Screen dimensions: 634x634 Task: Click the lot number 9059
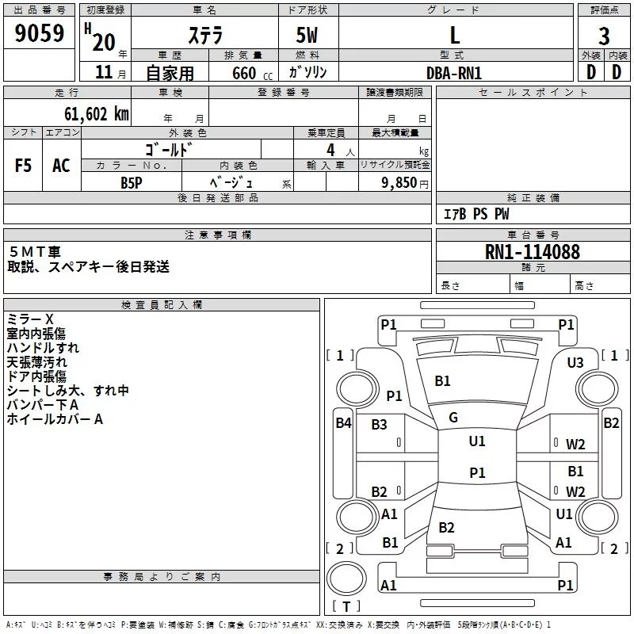click(x=39, y=32)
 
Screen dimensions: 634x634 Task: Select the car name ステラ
click(x=205, y=35)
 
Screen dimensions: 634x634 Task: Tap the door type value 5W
click(x=307, y=35)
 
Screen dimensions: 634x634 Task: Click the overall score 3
click(x=604, y=36)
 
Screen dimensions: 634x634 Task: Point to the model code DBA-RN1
click(x=454, y=73)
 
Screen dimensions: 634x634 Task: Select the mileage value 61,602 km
click(x=96, y=113)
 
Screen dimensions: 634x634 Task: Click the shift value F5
click(x=23, y=166)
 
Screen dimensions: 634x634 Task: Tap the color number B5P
click(x=132, y=183)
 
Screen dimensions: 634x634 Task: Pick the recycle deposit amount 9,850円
click(x=405, y=183)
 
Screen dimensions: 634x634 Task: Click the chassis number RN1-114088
click(x=532, y=252)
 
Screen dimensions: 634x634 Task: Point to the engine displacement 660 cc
click(x=252, y=73)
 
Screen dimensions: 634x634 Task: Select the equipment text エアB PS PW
click(x=476, y=214)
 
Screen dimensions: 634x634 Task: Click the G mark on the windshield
click(x=453, y=418)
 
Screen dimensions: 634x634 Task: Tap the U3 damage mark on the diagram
click(x=575, y=363)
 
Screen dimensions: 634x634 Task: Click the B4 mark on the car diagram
click(x=343, y=423)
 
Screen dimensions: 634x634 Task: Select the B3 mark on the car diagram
click(x=379, y=425)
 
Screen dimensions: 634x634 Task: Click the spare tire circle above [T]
click(x=346, y=579)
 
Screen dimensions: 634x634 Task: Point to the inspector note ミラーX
click(x=30, y=319)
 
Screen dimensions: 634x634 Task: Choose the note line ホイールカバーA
click(x=55, y=419)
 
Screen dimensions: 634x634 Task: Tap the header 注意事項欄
click(x=218, y=235)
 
